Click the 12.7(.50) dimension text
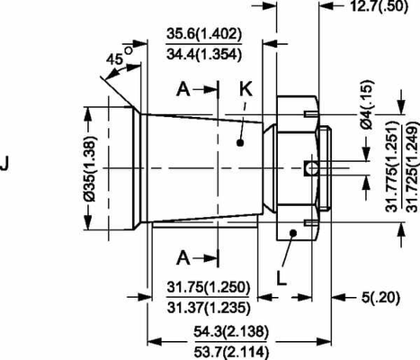tap(380, 7)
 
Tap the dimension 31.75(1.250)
tap(208, 287)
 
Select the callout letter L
tap(282, 276)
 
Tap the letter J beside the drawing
tap(7, 165)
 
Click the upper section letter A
tap(183, 89)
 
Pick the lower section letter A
tap(183, 257)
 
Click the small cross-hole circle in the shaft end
tap(310, 168)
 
